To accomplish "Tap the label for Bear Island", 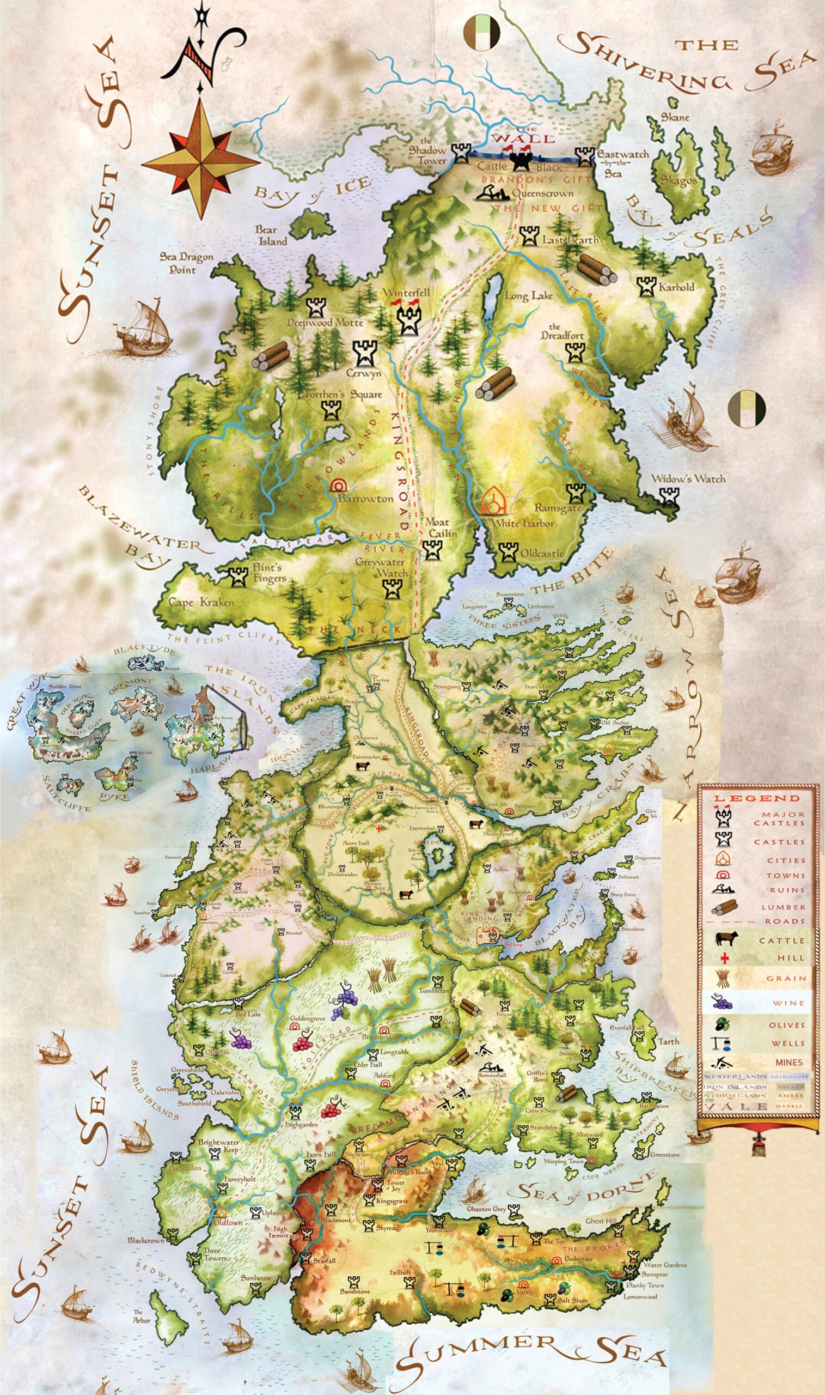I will pyautogui.click(x=271, y=235).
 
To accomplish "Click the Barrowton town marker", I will pyautogui.click(x=337, y=485).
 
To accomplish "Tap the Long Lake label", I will pyautogui.click(x=528, y=296).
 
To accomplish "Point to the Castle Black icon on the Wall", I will pyautogui.click(x=522, y=160).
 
